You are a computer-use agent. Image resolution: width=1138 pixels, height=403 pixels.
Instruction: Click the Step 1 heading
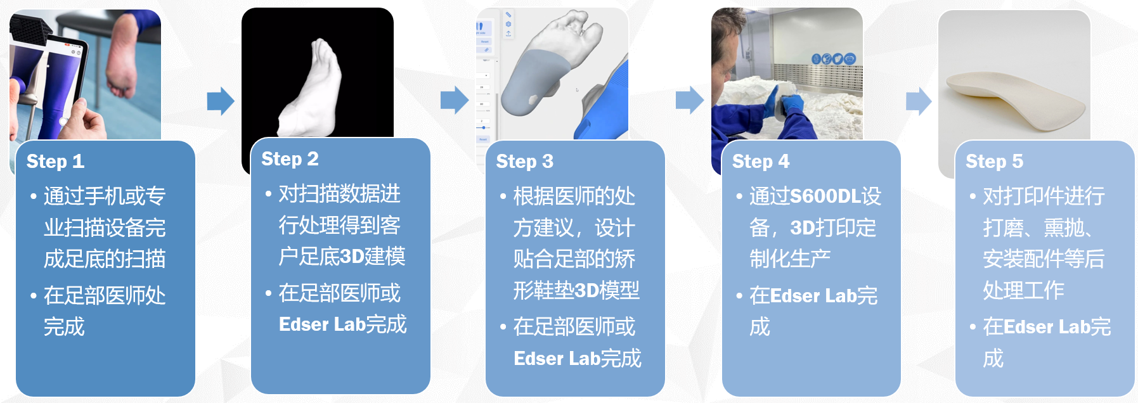pyautogui.click(x=55, y=162)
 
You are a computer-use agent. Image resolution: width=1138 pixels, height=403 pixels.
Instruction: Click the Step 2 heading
pyautogui.click(x=290, y=159)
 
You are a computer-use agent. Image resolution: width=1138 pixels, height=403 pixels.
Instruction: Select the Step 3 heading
pyautogui.click(x=525, y=162)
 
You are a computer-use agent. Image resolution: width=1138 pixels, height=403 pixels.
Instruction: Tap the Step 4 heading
pyautogui.click(x=761, y=162)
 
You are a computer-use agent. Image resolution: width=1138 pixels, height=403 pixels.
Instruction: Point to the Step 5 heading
pyautogui.click(x=994, y=162)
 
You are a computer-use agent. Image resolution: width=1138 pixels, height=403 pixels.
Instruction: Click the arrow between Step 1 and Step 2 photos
pyautogui.click(x=221, y=101)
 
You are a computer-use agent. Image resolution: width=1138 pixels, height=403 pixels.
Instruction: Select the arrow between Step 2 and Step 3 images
pyautogui.click(x=455, y=100)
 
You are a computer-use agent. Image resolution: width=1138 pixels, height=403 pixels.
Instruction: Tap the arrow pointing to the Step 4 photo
pyautogui.click(x=690, y=100)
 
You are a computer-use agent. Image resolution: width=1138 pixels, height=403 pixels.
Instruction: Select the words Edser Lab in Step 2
pyautogui.click(x=322, y=324)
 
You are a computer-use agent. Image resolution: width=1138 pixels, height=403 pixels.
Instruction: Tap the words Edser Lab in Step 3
pyautogui.click(x=557, y=359)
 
